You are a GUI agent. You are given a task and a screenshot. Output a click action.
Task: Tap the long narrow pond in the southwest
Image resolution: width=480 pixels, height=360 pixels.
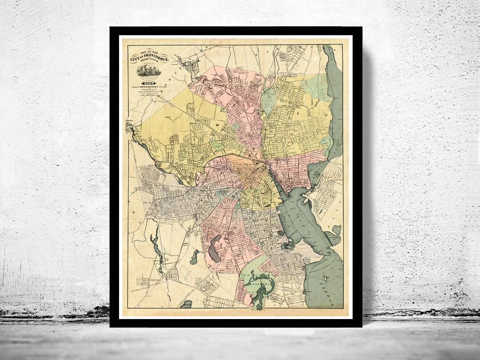pyautogui.click(x=155, y=247)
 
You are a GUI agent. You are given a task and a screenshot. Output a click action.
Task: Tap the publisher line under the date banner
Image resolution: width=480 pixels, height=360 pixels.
pyautogui.click(x=151, y=86)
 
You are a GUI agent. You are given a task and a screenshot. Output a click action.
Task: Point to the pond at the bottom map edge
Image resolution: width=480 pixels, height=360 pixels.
pyautogui.click(x=188, y=304)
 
